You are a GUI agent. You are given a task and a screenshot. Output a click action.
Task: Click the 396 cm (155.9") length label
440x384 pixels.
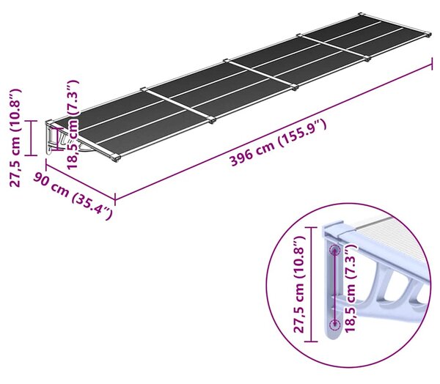(x=279, y=142)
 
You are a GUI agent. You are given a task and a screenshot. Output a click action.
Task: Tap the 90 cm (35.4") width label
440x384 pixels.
(x=73, y=196)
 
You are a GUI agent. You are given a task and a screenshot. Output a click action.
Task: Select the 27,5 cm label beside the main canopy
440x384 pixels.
(x=15, y=138)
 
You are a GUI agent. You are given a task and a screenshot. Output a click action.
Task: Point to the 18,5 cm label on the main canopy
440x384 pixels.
(x=72, y=125)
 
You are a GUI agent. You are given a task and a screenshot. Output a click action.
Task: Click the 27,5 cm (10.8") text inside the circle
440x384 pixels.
(x=298, y=284)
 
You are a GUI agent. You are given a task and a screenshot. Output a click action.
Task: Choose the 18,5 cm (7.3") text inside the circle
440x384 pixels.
(x=351, y=288)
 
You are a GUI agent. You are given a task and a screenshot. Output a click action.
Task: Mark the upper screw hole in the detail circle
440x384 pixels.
(x=335, y=250)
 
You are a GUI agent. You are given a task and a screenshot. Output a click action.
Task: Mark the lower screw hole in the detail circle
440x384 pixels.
(x=335, y=325)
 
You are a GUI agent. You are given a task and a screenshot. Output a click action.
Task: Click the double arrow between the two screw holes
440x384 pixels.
(x=335, y=287)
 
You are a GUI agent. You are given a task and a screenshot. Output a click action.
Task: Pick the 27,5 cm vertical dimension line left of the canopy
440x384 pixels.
(x=31, y=138)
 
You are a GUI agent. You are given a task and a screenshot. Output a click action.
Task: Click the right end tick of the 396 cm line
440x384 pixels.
(x=432, y=64)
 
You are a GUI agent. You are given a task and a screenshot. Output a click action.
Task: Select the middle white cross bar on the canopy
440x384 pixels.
(x=260, y=73)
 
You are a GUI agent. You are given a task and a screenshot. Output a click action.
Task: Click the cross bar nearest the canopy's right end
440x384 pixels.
(x=334, y=46)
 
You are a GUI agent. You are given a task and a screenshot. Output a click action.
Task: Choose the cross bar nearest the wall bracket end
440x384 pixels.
(x=178, y=105)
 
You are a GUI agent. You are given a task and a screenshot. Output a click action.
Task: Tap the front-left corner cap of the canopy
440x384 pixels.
(x=116, y=158)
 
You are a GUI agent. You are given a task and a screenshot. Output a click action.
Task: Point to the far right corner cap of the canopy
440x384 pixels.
(x=428, y=34)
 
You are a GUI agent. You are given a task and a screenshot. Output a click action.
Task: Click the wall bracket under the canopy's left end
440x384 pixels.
(x=56, y=139)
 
